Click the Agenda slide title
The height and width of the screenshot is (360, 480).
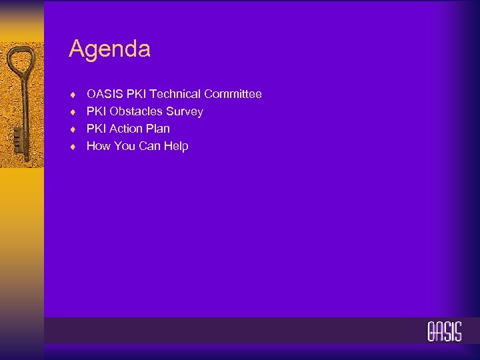tap(109, 49)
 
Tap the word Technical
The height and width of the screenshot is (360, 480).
tap(175, 94)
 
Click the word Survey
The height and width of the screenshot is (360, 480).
tap(186, 112)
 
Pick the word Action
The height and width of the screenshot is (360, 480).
tap(125, 129)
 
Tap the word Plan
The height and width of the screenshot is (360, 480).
tap(157, 129)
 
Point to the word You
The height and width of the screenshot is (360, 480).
tap(125, 146)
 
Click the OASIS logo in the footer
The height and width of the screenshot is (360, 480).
tap(444, 331)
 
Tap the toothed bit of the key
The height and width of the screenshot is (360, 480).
tap(15, 142)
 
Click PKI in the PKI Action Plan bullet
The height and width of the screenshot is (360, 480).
tap(97, 129)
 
